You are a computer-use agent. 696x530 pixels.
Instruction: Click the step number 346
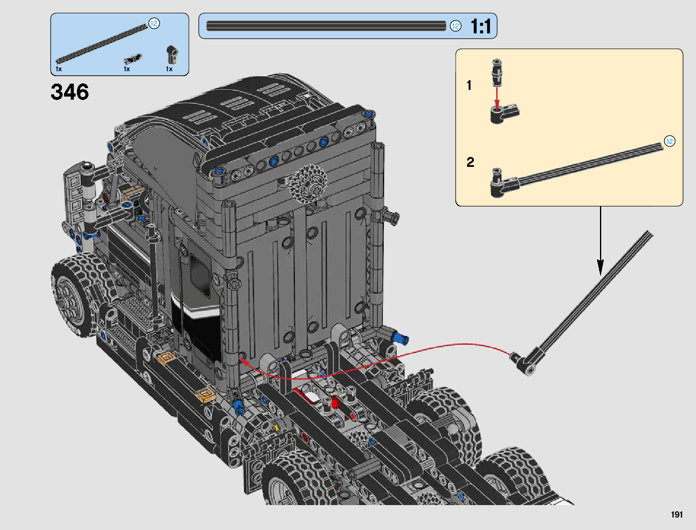pyautogui.click(x=70, y=92)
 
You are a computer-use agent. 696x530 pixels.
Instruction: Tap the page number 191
pyautogui.click(x=677, y=514)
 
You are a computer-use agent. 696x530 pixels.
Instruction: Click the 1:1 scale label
pyautogui.click(x=481, y=26)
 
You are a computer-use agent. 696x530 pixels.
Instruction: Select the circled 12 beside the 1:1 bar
pyautogui.click(x=455, y=26)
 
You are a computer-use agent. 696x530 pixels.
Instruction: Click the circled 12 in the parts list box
pyautogui.click(x=154, y=23)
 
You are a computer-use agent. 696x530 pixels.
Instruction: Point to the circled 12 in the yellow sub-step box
pyautogui.click(x=669, y=141)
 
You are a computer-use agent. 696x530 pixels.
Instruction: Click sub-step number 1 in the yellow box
pyautogui.click(x=469, y=85)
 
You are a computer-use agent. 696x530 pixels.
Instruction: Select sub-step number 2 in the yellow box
pyautogui.click(x=470, y=162)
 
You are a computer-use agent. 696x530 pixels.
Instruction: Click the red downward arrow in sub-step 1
pyautogui.click(x=497, y=99)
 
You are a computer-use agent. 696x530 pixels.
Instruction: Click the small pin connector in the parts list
pyautogui.click(x=133, y=59)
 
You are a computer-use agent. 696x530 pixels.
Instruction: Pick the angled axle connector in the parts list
pyautogui.click(x=172, y=54)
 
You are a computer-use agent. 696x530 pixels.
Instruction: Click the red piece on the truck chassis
pyautogui.click(x=334, y=403)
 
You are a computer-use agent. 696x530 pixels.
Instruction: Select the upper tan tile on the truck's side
pyautogui.click(x=166, y=358)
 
